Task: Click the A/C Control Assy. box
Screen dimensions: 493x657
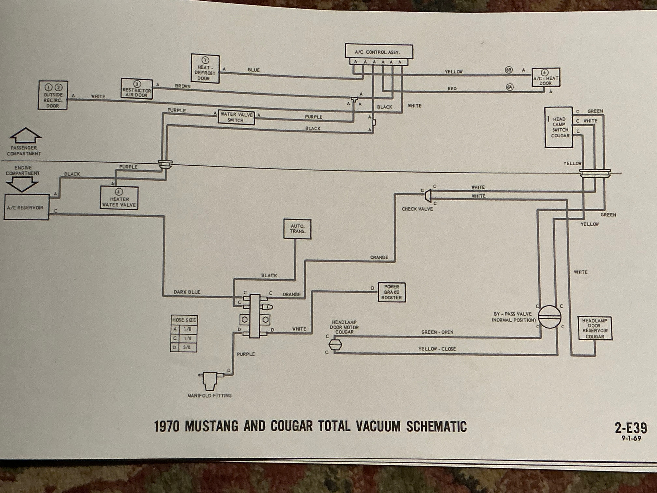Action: pos(379,52)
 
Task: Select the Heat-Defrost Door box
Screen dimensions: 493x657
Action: pos(205,69)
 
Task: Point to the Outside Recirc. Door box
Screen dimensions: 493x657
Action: pos(53,96)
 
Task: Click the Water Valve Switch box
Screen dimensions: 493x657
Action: pos(236,117)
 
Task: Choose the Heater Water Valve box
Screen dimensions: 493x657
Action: pos(119,198)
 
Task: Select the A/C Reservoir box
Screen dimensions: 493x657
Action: pos(26,207)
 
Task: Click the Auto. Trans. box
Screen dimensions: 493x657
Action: pos(297,229)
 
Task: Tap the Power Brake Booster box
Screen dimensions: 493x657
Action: pos(391,292)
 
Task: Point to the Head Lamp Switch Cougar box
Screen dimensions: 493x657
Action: pos(559,127)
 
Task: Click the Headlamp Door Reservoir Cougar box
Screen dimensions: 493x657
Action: pos(595,328)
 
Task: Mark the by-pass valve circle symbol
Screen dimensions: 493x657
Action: pos(550,317)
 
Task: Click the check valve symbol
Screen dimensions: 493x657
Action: pos(428,196)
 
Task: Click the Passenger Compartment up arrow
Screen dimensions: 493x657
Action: pos(25,135)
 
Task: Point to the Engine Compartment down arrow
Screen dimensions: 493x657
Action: pos(22,184)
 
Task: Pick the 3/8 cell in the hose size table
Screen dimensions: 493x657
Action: pos(187,347)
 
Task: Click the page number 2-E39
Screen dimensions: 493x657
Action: pos(631,428)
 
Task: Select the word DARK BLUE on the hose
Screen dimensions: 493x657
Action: pos(187,292)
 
